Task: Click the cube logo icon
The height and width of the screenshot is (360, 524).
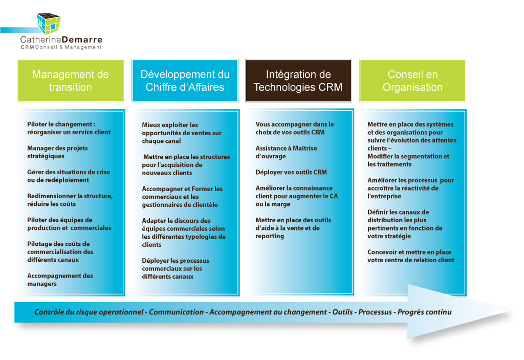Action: (x=49, y=24)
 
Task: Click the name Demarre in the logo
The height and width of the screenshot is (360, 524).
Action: (x=82, y=39)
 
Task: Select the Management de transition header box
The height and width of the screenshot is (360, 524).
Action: (x=70, y=80)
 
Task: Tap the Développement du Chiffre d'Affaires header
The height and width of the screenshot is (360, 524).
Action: (x=185, y=80)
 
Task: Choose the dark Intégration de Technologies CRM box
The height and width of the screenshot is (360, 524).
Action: (x=298, y=80)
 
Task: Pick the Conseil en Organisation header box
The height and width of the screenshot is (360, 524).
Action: (x=413, y=80)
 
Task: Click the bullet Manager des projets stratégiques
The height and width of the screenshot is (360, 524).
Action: (x=57, y=152)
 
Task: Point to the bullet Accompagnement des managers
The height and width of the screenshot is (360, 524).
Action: (x=60, y=280)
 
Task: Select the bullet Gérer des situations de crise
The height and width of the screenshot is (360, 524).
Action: (x=69, y=176)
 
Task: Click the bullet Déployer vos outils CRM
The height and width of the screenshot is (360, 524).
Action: (x=291, y=172)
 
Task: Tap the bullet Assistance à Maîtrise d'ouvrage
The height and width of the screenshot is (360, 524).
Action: (x=286, y=152)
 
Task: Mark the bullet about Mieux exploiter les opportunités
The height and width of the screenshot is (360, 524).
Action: (x=182, y=133)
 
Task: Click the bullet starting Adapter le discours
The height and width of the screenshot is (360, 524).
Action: (x=184, y=232)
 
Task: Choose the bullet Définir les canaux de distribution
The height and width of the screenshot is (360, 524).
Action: (x=405, y=224)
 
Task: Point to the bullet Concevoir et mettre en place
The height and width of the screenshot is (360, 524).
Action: (x=411, y=256)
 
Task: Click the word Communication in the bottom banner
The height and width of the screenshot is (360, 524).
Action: (x=176, y=312)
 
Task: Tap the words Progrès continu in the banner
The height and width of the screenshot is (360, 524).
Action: (x=424, y=312)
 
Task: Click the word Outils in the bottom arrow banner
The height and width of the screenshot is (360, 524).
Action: (x=342, y=312)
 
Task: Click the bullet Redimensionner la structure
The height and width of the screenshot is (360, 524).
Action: (x=70, y=200)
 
